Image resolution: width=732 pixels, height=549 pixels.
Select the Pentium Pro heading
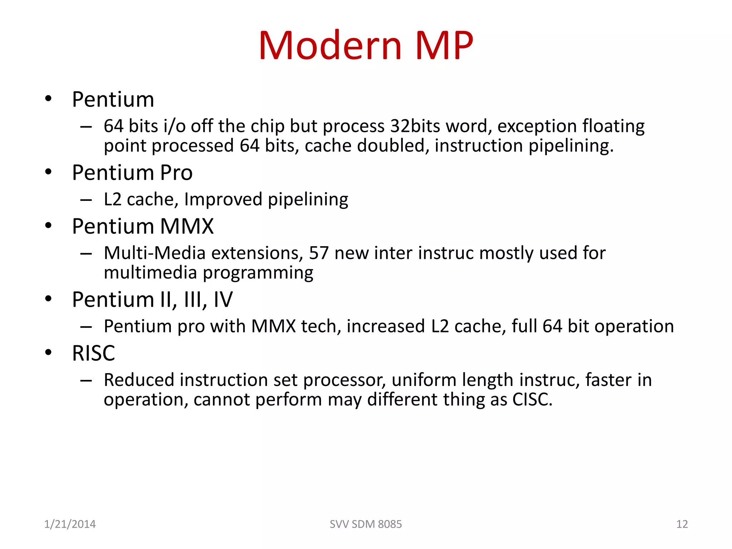132,173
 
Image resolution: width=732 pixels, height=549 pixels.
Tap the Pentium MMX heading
143,226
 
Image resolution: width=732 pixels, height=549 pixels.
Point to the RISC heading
94,353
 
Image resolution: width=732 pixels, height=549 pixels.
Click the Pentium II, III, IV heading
152,300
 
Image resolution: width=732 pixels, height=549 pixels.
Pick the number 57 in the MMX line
318,253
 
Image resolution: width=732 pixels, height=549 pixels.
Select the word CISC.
532,399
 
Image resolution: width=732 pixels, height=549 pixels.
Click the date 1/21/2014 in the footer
70,524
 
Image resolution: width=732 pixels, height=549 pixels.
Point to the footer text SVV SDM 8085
366,524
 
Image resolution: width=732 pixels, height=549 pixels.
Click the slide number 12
682,524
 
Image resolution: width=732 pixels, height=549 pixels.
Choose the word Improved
223,199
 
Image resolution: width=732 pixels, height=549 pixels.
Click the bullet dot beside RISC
48,352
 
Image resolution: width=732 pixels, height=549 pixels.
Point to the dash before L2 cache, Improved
86,200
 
